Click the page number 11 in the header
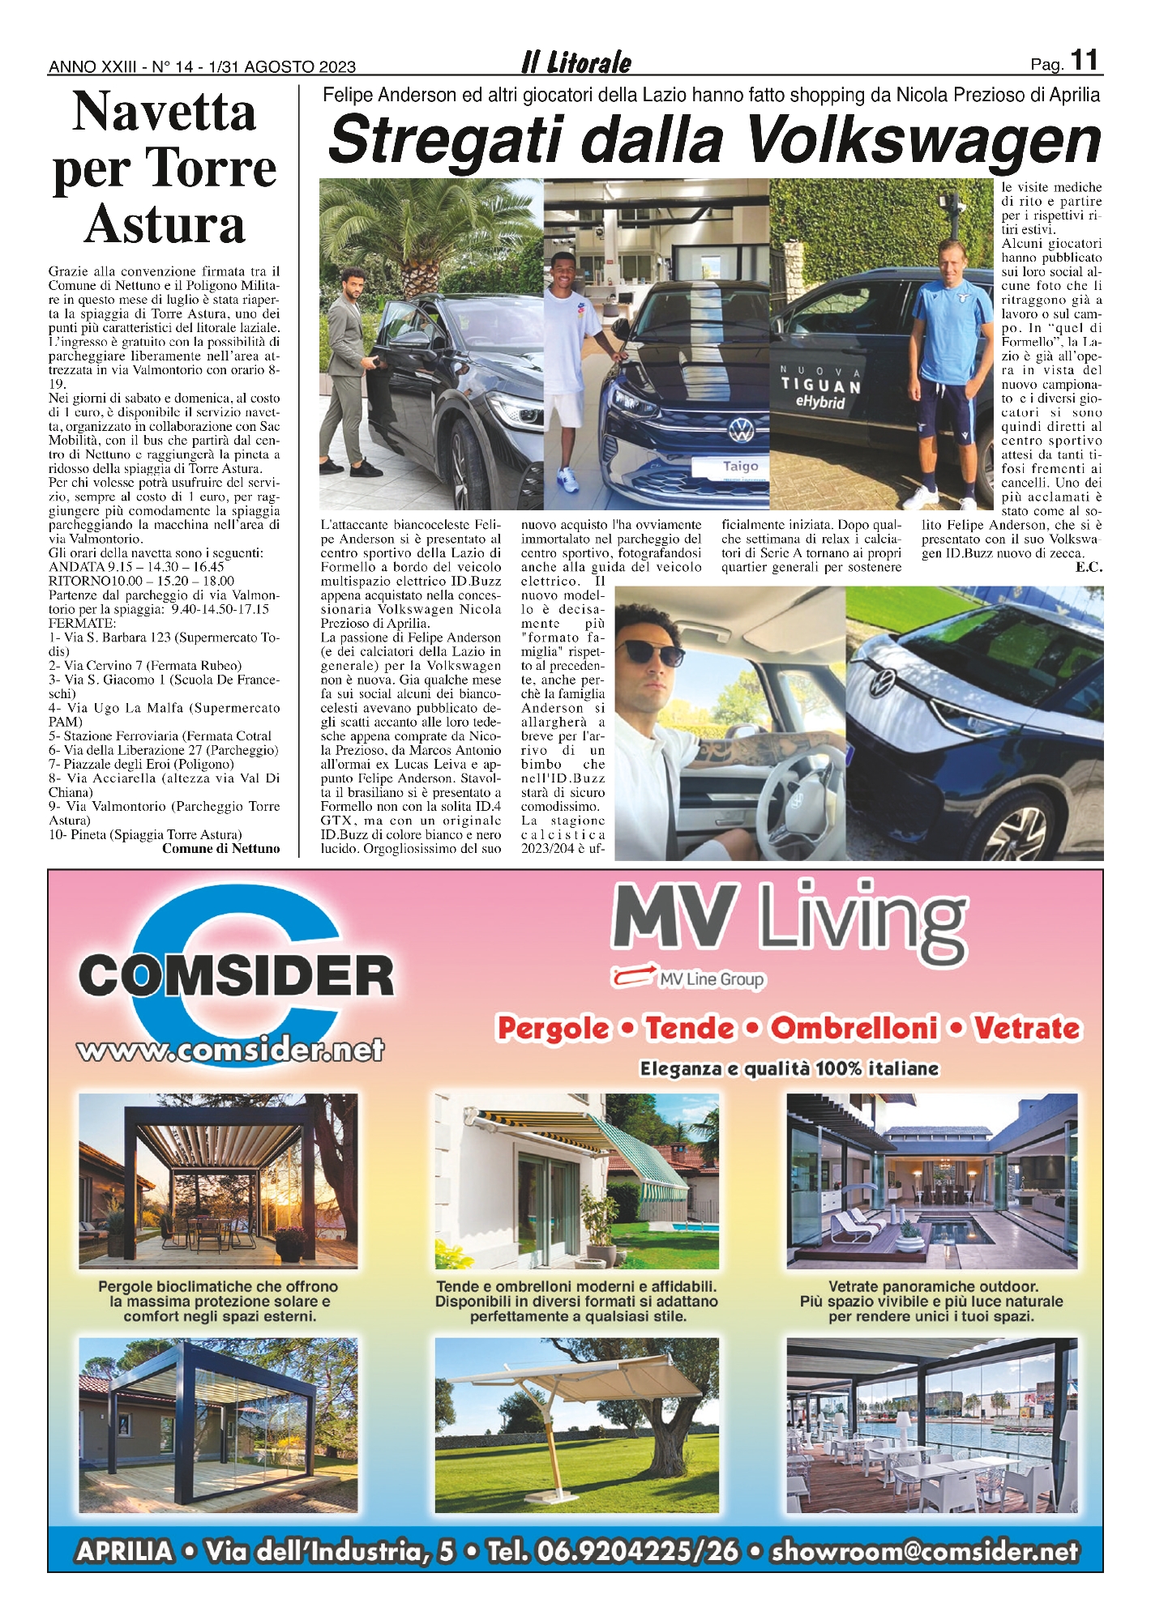coord(1084,61)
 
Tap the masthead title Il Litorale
coord(576,62)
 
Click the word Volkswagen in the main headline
coord(923,141)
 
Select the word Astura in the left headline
coord(165,224)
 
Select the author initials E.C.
coord(1088,567)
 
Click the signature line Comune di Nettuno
coord(220,848)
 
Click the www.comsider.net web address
coord(231,1051)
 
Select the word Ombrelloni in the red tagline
coord(854,1028)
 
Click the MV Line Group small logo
coord(689,978)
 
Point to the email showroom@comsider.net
coord(925,1551)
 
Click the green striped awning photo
coord(576,1180)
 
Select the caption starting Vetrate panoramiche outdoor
coord(931,1301)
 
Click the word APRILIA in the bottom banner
coord(124,1551)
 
